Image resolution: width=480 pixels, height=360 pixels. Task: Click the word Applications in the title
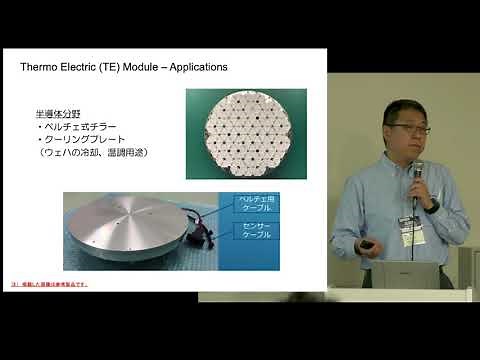coord(193,67)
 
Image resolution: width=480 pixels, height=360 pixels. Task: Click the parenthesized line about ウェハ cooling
coord(93,155)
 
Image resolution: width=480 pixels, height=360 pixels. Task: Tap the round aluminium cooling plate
coord(130,231)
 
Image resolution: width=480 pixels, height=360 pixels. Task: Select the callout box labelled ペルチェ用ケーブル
coord(262,205)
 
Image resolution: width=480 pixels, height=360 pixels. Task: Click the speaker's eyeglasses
coord(407,130)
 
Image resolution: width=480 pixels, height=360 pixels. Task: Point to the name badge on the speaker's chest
coord(409,230)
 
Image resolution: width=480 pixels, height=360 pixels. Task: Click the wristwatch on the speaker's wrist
coord(432,205)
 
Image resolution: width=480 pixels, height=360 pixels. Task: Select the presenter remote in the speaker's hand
coord(369,245)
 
